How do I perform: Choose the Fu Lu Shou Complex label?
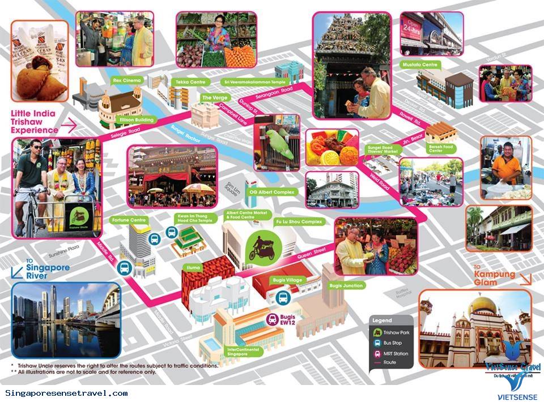pyautogui.click(x=298, y=221)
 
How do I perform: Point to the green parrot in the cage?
pyautogui.click(x=283, y=144)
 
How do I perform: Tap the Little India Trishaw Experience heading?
pyautogui.click(x=34, y=122)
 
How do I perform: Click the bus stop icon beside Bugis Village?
pyautogui.click(x=283, y=298)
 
